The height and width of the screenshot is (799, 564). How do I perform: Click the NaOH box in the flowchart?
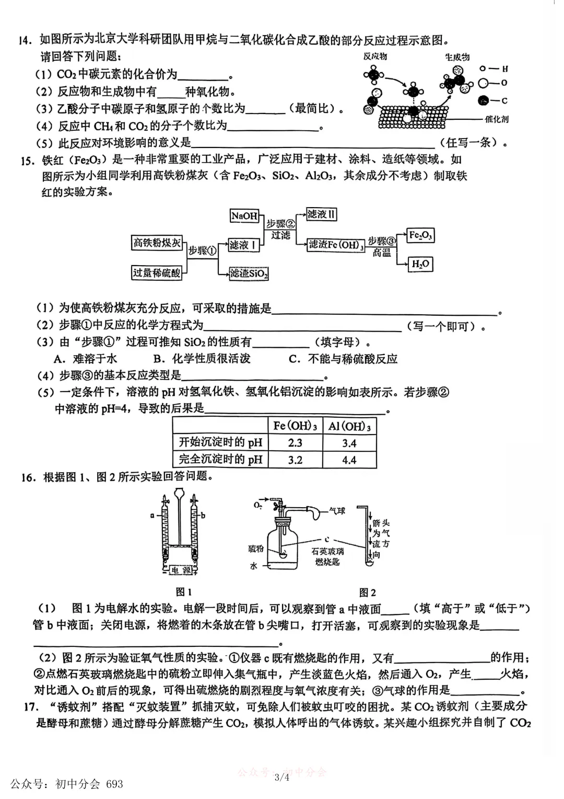[245, 215]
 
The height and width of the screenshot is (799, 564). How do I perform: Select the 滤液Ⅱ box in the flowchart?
[321, 214]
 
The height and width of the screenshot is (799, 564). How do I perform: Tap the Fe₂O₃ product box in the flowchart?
[420, 236]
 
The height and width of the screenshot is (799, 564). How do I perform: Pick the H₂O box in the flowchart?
[420, 264]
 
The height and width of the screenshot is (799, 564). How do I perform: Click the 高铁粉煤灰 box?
[157, 243]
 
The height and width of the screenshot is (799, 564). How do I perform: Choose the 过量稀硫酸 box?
[157, 272]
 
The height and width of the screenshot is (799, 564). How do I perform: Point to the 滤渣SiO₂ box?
[249, 273]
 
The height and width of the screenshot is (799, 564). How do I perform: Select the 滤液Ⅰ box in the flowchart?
[244, 245]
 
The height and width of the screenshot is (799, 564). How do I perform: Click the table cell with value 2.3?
[295, 443]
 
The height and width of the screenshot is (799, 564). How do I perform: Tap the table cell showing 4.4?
[349, 460]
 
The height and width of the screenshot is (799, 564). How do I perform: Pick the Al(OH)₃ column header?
[349, 426]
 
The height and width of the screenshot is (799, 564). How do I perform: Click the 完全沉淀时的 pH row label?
[220, 460]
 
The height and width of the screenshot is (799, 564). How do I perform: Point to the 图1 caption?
[184, 592]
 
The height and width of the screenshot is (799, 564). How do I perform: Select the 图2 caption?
[368, 592]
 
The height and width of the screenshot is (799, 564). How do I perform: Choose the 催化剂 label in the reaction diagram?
[496, 119]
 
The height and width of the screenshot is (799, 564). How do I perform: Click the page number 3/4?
[281, 777]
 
